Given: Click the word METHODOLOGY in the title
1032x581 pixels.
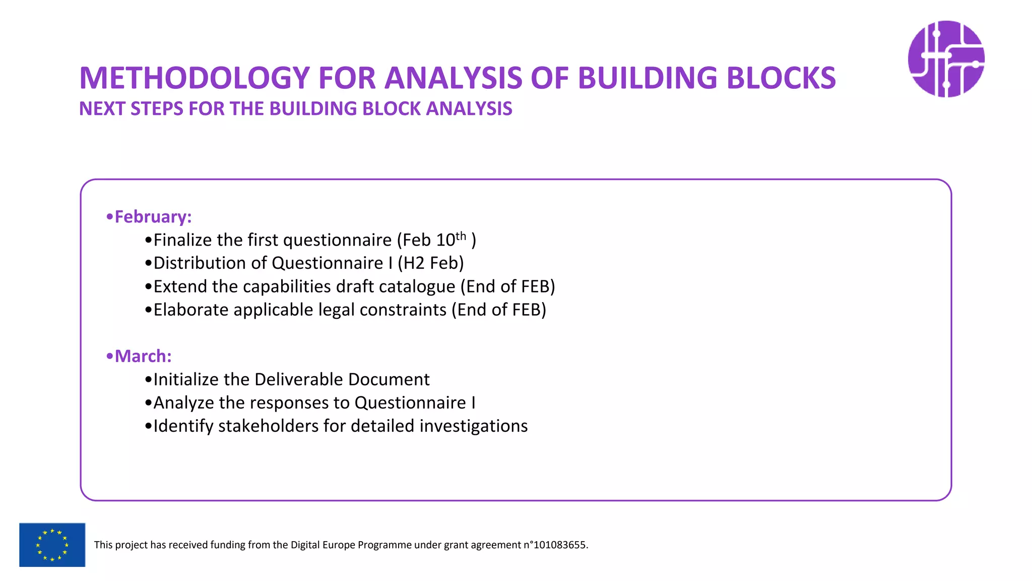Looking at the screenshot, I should click(x=194, y=78).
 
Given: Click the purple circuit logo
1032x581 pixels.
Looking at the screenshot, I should click(x=946, y=59).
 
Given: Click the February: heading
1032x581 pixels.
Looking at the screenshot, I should click(x=153, y=217).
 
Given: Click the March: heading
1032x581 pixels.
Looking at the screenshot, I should click(x=143, y=356).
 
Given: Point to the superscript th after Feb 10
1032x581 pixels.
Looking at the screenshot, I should click(x=461, y=236).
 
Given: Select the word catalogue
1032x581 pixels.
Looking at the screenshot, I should click(x=417, y=286).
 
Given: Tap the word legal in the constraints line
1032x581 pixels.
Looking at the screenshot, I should click(x=336, y=310).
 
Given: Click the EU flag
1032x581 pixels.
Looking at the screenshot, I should click(x=52, y=545).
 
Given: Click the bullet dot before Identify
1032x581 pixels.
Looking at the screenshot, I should click(x=148, y=427).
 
